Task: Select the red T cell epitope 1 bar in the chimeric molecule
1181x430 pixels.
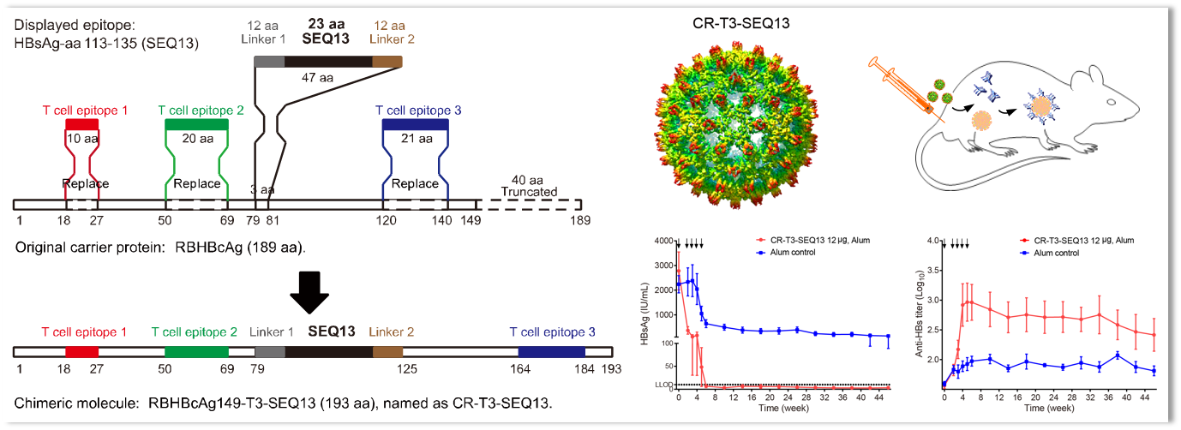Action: tap(81, 351)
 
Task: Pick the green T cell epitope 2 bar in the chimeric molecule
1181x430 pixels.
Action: tap(197, 351)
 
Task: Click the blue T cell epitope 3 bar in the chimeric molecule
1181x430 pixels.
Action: tap(551, 351)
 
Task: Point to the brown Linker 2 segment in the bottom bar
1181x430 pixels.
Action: tap(387, 351)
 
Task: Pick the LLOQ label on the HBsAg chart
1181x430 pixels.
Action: tap(662, 385)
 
